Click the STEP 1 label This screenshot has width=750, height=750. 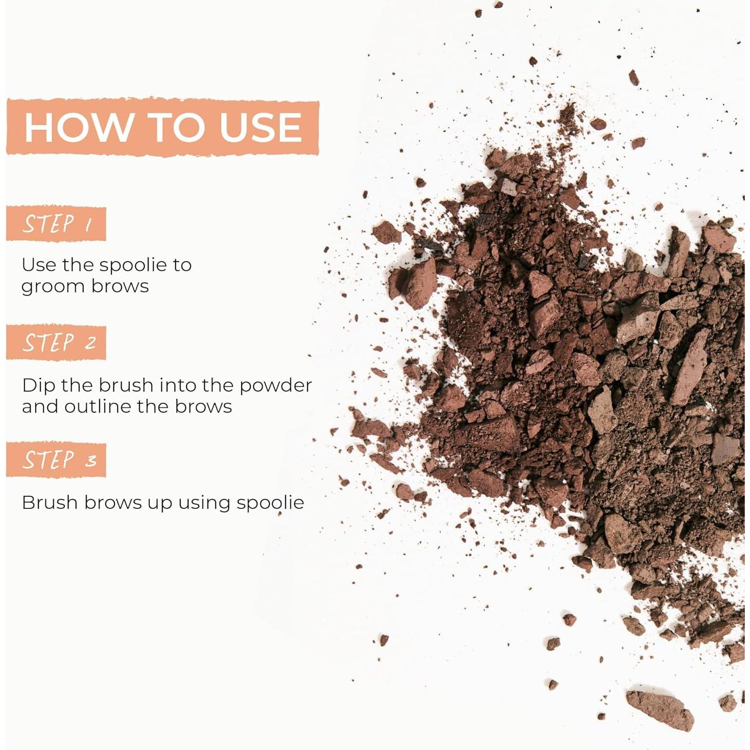[x=56, y=224]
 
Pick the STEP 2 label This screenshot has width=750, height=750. [x=56, y=343]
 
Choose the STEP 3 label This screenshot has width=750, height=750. [x=56, y=460]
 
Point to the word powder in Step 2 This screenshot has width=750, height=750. [x=276, y=386]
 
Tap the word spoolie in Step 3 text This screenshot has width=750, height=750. [x=270, y=503]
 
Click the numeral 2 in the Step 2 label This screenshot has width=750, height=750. [x=90, y=343]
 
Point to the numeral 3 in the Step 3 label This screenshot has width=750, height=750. [x=91, y=461]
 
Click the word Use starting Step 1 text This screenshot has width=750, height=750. [x=39, y=265]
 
